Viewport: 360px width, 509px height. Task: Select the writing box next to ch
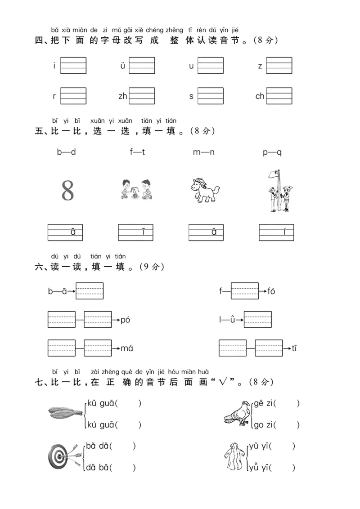pos(279,96)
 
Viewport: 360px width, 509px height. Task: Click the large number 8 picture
pos(67,191)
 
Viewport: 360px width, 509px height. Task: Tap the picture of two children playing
pos(136,189)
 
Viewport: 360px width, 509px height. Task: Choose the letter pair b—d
pos(66,152)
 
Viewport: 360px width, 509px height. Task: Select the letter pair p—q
pos(272,152)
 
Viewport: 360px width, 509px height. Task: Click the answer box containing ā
pos(65,232)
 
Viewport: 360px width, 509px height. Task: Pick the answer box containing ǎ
pos(206,232)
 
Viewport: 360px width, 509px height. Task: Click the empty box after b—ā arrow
pos(90,291)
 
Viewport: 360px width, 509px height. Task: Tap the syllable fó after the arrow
pos(271,291)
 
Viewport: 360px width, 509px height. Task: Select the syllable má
pos(127,348)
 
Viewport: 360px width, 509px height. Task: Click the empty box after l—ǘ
pos(258,320)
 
